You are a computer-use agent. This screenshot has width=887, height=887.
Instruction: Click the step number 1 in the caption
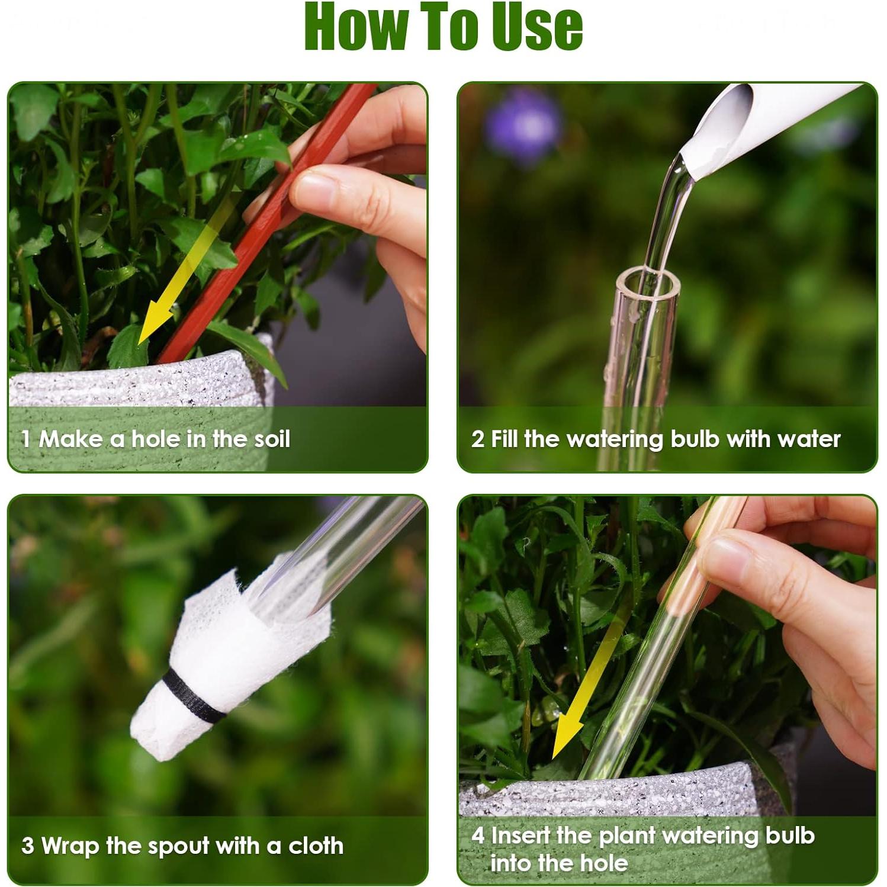click(25, 439)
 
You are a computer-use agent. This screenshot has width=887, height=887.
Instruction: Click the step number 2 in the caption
click(478, 439)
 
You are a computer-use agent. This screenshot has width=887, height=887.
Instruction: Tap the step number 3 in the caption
click(27, 846)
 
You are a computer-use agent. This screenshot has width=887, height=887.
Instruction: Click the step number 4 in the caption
click(478, 835)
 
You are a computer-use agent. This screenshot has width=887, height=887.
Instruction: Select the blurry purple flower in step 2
click(522, 124)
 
